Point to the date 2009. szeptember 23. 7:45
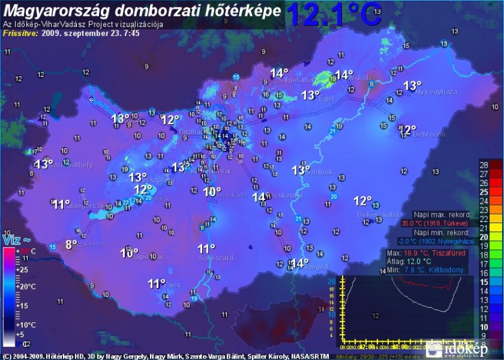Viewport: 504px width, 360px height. point(99,33)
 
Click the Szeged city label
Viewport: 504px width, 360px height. point(319,267)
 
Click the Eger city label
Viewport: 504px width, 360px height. point(327,98)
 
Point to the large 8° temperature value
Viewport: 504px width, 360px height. point(71,244)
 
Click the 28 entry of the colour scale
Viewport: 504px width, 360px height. point(484,165)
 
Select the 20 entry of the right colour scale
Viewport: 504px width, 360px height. point(484,237)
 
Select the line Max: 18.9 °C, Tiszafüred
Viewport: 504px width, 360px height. point(427,252)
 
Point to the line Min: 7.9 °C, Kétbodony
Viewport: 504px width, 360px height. point(426,270)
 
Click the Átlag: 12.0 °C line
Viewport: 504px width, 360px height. point(409,261)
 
